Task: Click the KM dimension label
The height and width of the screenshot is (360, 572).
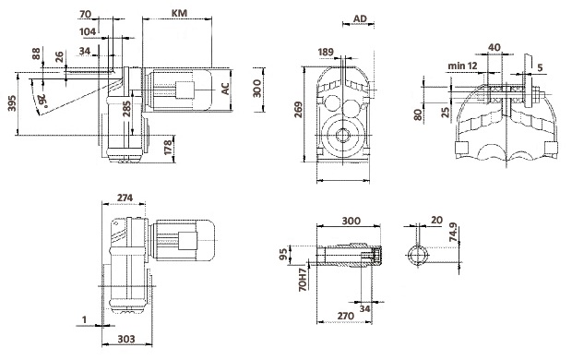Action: (x=179, y=13)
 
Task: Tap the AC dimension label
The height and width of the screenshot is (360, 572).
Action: (x=226, y=89)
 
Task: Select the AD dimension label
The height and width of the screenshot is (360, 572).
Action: (x=360, y=18)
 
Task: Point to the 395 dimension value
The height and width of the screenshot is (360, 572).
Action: (x=12, y=103)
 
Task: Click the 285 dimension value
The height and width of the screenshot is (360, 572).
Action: (x=126, y=109)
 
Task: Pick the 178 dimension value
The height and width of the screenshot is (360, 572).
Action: (x=168, y=147)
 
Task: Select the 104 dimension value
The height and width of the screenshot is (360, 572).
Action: (x=88, y=31)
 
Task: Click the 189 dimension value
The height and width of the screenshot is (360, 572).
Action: (x=326, y=52)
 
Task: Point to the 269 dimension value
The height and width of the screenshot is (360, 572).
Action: (x=298, y=110)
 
